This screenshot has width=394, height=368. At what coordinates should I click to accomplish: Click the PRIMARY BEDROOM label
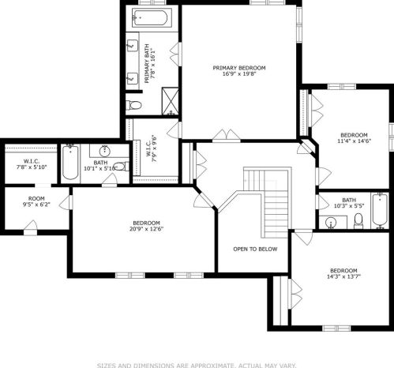(239, 68)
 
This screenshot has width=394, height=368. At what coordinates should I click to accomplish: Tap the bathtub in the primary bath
(149, 17)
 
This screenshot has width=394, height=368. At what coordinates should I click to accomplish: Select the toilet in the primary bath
(133, 105)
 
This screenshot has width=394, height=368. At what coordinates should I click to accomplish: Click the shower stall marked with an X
(170, 101)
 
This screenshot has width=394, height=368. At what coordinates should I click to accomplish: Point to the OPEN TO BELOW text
(255, 249)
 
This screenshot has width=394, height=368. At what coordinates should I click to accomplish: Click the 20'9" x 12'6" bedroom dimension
(146, 229)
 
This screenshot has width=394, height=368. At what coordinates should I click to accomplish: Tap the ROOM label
(36, 198)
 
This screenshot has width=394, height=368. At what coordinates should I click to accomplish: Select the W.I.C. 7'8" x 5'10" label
(32, 164)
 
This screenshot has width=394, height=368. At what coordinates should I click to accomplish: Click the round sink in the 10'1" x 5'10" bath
(105, 151)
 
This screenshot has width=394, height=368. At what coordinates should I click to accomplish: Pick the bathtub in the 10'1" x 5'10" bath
(70, 162)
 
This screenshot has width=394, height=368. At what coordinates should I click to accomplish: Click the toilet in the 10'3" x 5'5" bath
(358, 221)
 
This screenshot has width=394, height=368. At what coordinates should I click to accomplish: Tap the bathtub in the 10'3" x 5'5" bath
(380, 211)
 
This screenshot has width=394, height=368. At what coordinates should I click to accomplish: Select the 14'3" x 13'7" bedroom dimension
(343, 276)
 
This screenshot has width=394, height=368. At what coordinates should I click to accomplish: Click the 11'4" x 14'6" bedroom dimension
(354, 141)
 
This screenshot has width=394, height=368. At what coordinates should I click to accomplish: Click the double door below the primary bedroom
(227, 136)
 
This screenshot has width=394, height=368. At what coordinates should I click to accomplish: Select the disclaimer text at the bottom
(197, 366)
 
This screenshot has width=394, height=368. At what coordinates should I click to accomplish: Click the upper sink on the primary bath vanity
(133, 46)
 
